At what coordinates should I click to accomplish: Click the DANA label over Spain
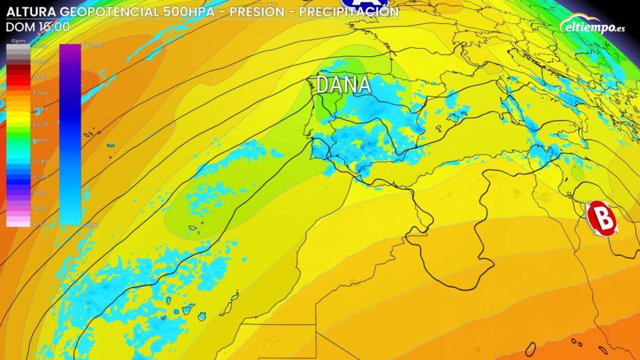point(344,85)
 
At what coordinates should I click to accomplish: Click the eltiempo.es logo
point(594,26)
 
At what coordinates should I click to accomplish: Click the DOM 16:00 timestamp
point(37,26)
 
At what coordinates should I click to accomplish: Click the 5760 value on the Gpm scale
point(40,92)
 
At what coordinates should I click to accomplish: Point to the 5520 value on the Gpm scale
point(40,124)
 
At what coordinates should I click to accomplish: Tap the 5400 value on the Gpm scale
point(40,140)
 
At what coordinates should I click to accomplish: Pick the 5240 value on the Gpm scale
point(40,161)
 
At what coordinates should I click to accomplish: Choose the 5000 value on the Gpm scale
point(40,192)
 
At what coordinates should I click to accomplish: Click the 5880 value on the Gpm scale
point(40,77)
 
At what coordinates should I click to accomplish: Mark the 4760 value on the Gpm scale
point(40,222)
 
